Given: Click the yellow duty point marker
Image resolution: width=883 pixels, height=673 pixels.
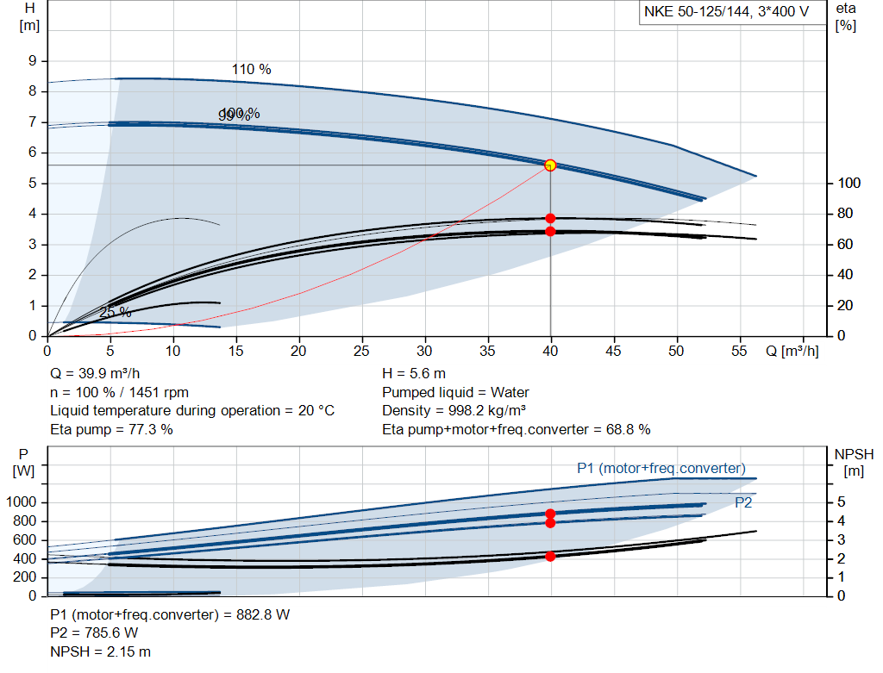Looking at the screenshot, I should [550, 165].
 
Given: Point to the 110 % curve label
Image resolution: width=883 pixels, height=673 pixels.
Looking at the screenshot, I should [251, 69].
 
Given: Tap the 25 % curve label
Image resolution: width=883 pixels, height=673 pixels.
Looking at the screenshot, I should [115, 312].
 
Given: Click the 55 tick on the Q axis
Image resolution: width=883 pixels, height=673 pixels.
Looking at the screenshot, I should [740, 352].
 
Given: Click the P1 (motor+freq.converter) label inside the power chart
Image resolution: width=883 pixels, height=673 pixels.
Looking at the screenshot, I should [661, 468].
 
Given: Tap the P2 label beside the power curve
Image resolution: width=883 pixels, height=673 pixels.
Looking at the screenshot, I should [743, 502].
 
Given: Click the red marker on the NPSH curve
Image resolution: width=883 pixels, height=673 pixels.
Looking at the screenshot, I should [550, 556].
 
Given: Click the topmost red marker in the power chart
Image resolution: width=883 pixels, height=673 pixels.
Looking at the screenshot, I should [550, 514].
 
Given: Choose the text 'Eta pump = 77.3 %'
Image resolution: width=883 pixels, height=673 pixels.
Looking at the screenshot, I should [111, 429].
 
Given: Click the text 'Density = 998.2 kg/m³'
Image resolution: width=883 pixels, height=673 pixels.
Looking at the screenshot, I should [454, 410].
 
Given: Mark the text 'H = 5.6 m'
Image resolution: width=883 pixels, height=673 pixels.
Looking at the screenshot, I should [414, 373].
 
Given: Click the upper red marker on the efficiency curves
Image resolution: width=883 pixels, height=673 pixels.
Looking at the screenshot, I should [550, 218].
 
